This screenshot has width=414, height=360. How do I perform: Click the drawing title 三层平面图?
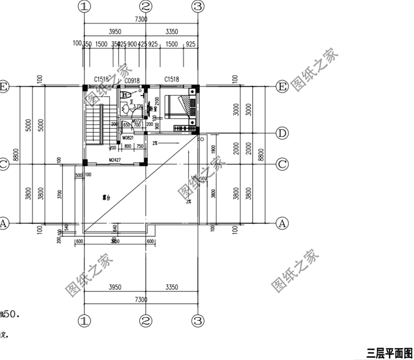coord(390,352)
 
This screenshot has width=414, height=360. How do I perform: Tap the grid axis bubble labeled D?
coord(282,133)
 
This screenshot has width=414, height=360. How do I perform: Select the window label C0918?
coord(131,80)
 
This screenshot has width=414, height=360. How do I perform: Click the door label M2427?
coord(115,160)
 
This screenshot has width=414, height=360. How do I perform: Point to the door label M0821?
coord(128,137)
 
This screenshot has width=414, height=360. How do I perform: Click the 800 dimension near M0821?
coord(128,146)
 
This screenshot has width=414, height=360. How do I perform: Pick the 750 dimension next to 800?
coord(140,146)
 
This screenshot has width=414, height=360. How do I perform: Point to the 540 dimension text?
coord(67,226)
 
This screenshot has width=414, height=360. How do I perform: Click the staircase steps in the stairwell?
coord(94,124)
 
